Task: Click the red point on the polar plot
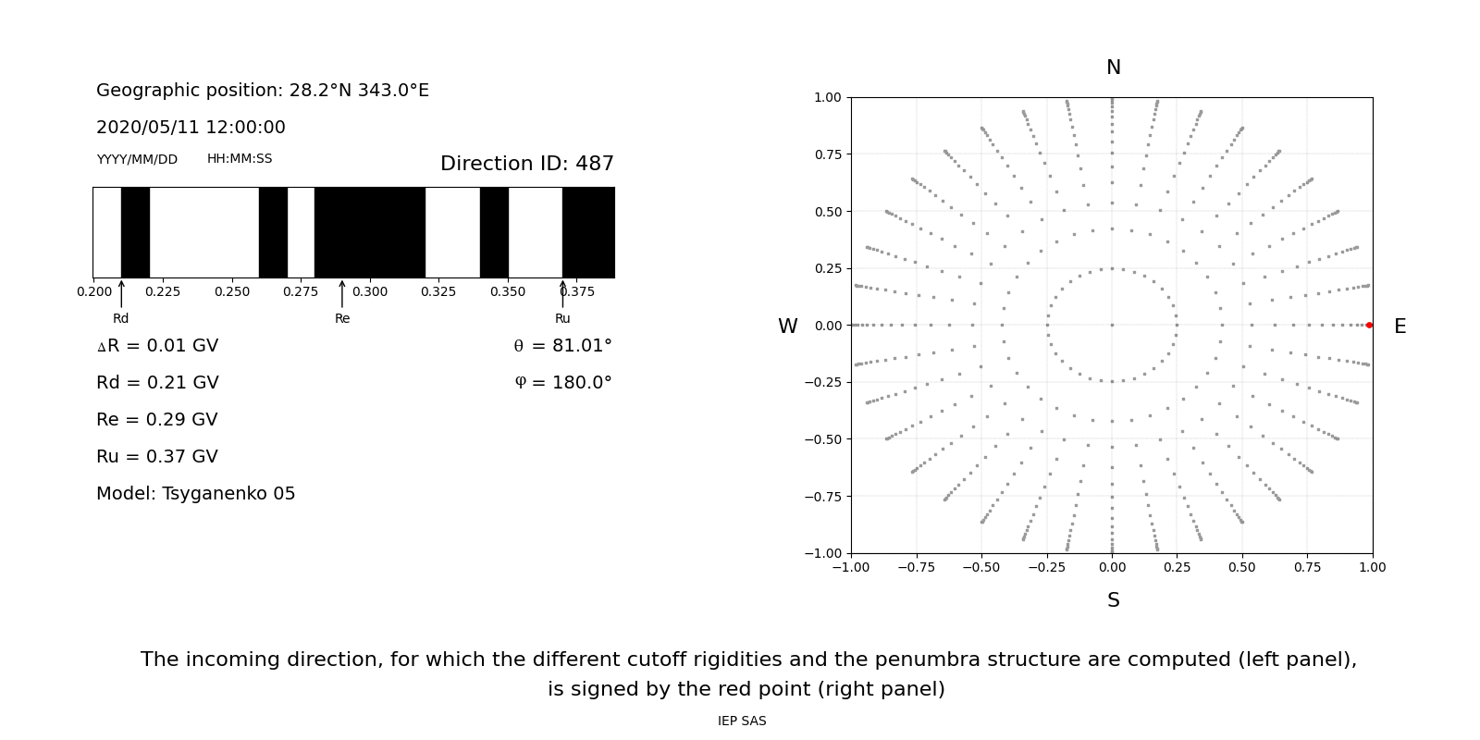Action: click(1369, 325)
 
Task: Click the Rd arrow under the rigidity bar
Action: click(121, 294)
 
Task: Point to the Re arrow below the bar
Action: click(342, 294)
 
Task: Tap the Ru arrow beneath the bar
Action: click(562, 294)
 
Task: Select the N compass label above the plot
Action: click(1113, 68)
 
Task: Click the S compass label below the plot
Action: click(1113, 600)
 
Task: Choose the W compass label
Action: click(787, 327)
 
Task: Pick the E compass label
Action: click(1400, 327)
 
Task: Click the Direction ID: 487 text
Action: click(526, 164)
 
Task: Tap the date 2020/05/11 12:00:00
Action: click(191, 128)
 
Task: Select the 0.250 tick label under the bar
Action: click(231, 291)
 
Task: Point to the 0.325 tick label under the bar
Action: click(438, 291)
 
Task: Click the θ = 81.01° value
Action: click(562, 346)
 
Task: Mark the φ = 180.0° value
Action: click(562, 383)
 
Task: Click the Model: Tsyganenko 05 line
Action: click(195, 494)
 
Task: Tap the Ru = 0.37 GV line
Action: click(157, 457)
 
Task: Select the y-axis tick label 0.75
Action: click(827, 154)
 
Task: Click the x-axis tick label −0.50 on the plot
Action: click(981, 567)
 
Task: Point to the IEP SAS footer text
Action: click(742, 721)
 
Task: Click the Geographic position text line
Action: click(263, 91)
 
